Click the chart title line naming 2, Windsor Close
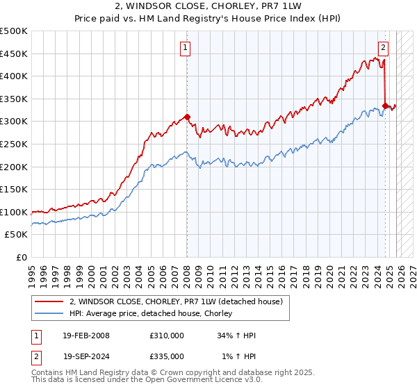click(208, 8)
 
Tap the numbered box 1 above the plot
click(186, 48)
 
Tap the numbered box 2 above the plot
click(383, 48)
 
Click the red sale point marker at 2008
click(187, 117)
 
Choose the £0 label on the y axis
click(22, 257)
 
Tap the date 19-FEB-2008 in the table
click(86, 336)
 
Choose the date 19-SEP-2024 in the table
click(86, 356)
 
